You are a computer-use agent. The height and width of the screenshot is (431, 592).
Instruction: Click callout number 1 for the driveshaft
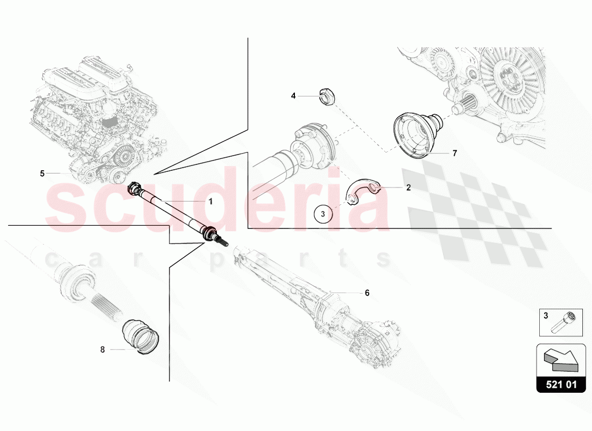coord(210,201)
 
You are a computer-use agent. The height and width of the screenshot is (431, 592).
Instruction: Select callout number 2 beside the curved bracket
coord(408,187)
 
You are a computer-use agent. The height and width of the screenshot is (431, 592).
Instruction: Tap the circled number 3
coord(323,214)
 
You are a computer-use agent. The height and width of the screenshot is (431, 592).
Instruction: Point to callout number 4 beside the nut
coord(293,96)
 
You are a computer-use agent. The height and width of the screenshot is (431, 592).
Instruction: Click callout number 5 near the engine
coord(43,173)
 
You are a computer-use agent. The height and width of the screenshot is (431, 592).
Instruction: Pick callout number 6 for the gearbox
coord(367,293)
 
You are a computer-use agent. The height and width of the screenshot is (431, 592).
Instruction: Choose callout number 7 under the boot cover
coord(455,153)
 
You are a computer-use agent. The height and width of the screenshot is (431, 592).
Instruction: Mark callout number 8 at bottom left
coord(102,350)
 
